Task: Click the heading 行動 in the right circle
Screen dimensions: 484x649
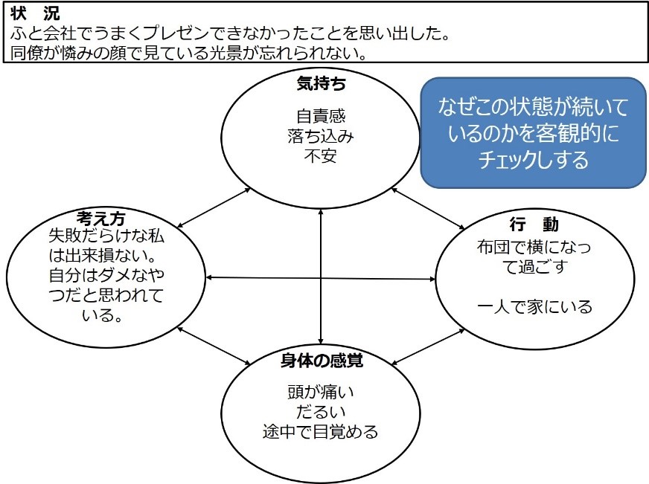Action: [x=534, y=225]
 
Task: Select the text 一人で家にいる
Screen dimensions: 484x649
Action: [x=534, y=306]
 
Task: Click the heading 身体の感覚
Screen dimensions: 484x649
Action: [x=321, y=361]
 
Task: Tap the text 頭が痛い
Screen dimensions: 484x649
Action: [x=321, y=392]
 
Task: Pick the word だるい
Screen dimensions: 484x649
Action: [x=321, y=411]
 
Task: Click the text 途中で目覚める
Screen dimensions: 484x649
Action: [x=321, y=430]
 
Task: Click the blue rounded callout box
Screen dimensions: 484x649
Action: [x=533, y=132]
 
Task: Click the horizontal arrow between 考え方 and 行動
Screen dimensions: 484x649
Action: [x=321, y=279]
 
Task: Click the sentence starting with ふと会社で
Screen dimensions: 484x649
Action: [x=231, y=33]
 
